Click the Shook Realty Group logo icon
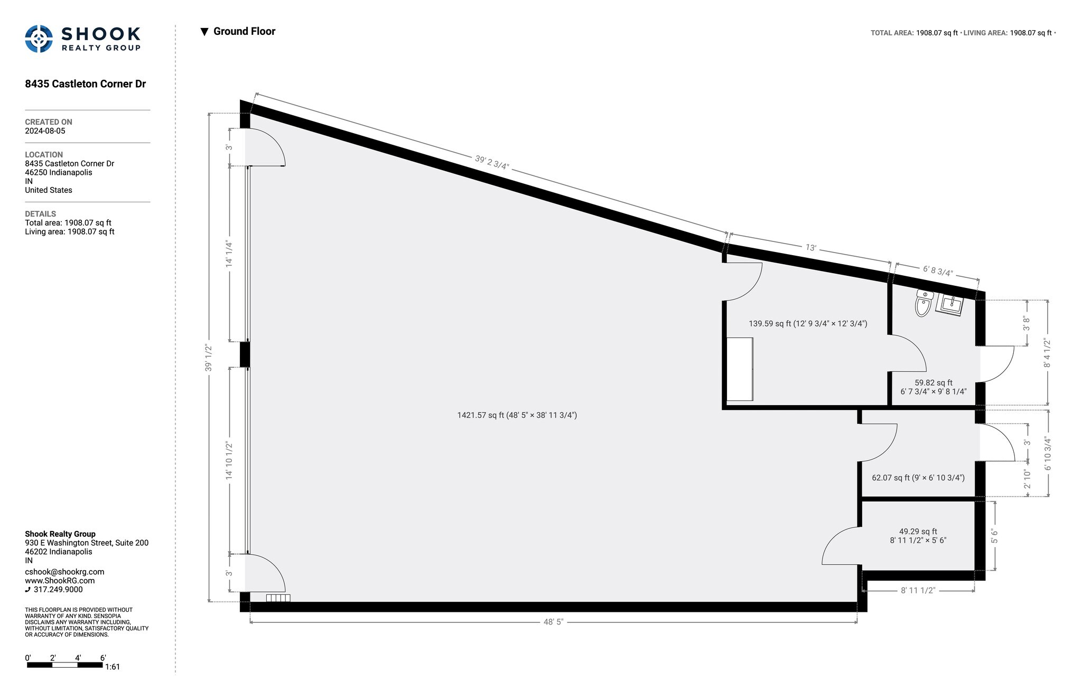click(39, 39)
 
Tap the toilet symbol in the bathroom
click(924, 303)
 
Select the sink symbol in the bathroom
click(949, 305)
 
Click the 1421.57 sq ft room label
click(517, 415)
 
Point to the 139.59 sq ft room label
click(808, 323)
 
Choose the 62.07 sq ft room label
click(918, 478)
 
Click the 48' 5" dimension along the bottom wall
click(554, 622)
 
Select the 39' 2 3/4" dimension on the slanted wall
click(492, 162)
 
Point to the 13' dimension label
click(811, 248)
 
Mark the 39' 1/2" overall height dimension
click(209, 358)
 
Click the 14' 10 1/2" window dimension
click(229, 461)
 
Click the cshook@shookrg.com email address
click(64, 572)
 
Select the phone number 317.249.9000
click(58, 590)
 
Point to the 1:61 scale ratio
click(113, 667)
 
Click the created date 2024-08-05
click(45, 131)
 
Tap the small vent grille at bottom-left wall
click(278, 598)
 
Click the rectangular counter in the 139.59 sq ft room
click(740, 369)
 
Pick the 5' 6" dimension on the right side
click(994, 536)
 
